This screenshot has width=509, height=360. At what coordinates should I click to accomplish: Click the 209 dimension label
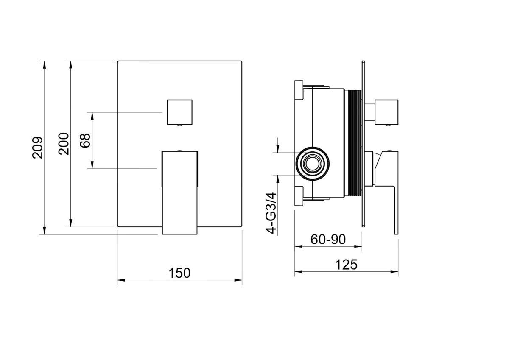tap(37, 148)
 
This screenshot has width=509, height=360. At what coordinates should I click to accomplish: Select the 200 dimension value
tap(63, 144)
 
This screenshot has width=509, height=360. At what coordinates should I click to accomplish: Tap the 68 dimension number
tap(85, 141)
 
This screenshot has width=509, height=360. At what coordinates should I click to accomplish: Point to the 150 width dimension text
tap(179, 273)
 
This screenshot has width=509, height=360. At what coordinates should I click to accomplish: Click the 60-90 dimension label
tap(328, 240)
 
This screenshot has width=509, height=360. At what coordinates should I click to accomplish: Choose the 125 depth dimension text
tap(346, 265)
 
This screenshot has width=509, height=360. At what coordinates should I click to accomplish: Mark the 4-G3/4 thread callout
tap(271, 213)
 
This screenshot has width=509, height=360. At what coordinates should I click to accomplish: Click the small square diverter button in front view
tap(180, 112)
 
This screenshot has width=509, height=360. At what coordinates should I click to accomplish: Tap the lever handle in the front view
tap(179, 193)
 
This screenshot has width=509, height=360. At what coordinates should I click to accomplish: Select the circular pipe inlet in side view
tap(313, 164)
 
